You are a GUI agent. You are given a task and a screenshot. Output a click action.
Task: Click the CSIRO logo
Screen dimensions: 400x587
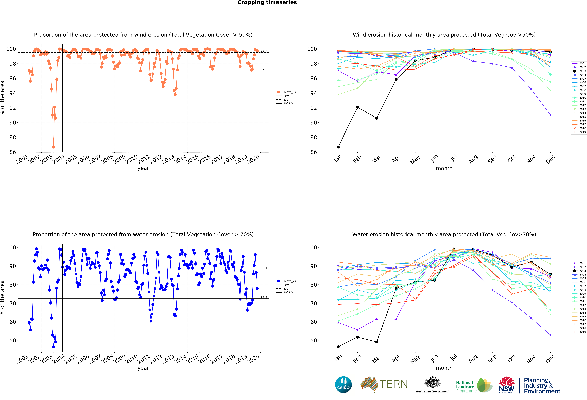[343, 385]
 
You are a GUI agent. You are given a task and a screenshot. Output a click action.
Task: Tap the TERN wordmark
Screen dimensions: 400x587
[394, 384]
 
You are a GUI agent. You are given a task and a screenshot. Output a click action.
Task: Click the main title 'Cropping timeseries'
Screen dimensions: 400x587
[267, 3]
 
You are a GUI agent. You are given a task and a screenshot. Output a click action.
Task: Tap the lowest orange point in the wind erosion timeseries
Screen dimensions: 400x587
[54, 147]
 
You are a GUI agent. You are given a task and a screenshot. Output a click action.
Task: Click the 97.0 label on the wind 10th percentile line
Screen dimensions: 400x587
[264, 70]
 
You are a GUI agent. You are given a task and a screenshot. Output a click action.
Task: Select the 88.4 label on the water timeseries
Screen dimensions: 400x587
[264, 268]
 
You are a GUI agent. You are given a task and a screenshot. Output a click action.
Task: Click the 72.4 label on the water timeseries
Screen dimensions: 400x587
[264, 297]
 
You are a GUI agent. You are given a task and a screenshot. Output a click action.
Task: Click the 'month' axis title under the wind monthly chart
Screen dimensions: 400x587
[444, 168]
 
